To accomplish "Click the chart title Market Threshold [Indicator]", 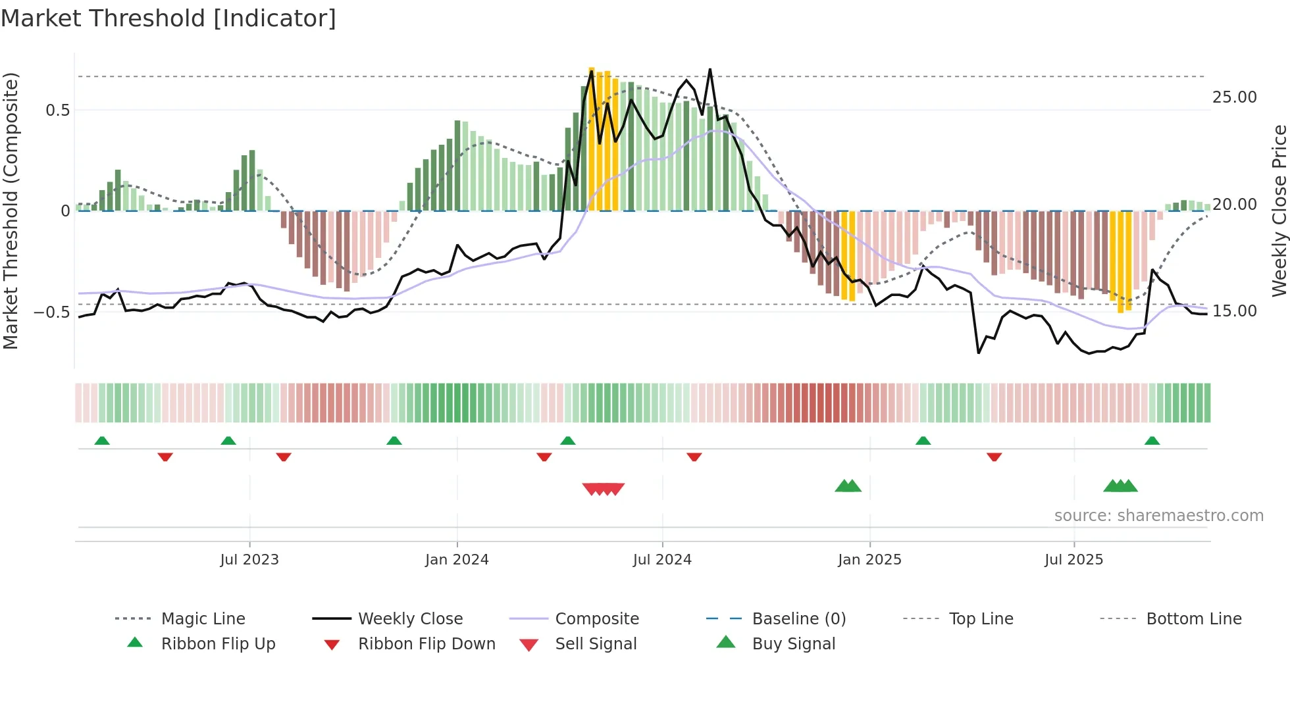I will (168, 18).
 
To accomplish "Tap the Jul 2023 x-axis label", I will (249, 560).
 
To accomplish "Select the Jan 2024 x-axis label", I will (457, 560).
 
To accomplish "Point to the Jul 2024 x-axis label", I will (662, 560).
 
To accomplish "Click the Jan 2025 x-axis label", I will (869, 560).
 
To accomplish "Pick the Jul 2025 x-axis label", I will (1073, 560).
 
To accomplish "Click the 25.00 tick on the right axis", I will (1234, 97).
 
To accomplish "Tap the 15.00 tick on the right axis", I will (1234, 311).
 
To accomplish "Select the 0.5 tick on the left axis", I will (58, 111).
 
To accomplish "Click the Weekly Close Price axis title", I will (1279, 211).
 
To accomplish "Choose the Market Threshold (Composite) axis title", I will (11, 211).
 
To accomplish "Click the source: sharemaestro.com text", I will (1158, 516).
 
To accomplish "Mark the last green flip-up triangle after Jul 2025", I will (1152, 441).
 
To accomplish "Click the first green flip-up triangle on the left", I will (102, 441).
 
